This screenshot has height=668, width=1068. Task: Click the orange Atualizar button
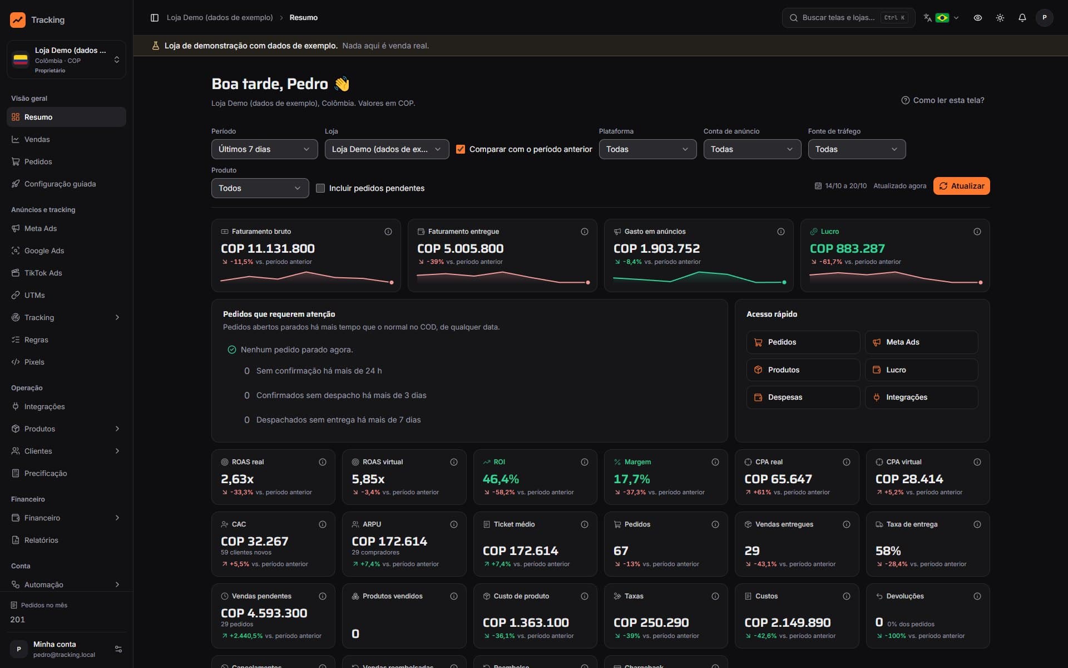point(961,186)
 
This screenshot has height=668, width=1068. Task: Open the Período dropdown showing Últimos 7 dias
point(264,149)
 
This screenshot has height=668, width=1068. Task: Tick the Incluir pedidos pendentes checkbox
point(320,188)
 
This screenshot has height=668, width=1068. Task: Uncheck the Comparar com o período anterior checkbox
point(461,149)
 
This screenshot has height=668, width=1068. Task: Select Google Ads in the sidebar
point(44,250)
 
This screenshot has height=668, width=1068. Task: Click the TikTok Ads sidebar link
point(43,273)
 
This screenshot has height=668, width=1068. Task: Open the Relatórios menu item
point(41,540)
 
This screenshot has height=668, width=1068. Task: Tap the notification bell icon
point(1022,18)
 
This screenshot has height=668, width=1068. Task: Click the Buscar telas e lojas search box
point(848,18)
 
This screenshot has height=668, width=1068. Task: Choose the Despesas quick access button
point(803,397)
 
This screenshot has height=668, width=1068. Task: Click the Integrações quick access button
point(921,397)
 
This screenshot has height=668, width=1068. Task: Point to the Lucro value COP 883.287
point(847,249)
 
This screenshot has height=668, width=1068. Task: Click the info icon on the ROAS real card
point(323,462)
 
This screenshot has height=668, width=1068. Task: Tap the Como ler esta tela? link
point(943,100)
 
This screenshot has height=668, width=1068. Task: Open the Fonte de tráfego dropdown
point(857,149)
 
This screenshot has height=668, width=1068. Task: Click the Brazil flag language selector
point(942,18)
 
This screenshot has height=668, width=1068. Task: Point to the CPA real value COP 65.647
point(778,479)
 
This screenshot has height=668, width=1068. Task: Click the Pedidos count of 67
point(621,551)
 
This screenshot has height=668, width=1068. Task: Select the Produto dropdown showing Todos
point(260,188)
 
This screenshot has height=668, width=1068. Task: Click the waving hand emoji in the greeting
point(342,84)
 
